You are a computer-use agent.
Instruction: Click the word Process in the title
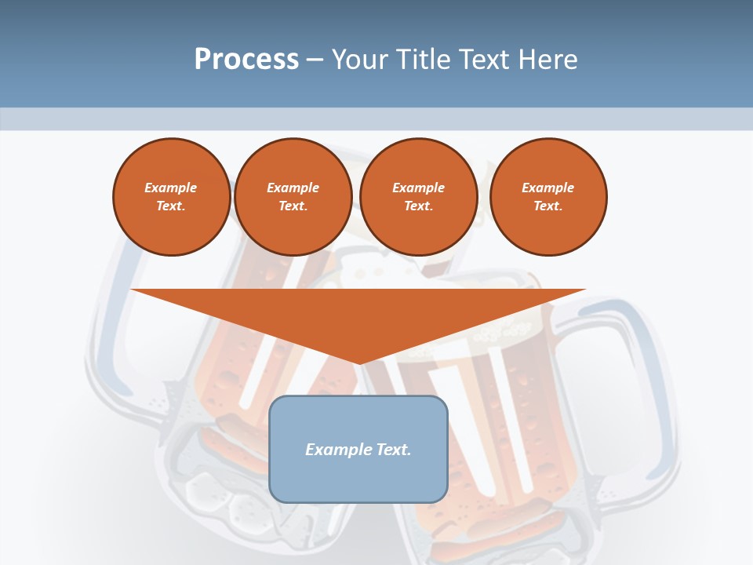click(246, 59)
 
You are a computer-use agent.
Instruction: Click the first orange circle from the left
click(172, 196)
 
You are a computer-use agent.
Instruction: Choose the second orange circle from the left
click(293, 196)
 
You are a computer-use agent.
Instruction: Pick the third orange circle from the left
click(418, 196)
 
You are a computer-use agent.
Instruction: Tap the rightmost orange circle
click(548, 196)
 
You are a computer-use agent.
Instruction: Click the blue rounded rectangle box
click(358, 479)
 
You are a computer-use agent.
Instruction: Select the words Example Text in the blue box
click(358, 450)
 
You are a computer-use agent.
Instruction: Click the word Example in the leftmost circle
click(171, 188)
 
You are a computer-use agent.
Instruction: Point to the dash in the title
click(315, 60)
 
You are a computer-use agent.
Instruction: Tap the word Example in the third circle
click(418, 188)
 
